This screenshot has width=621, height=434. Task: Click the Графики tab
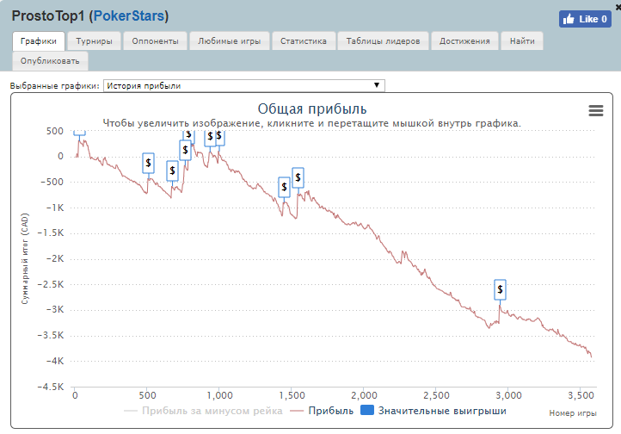coord(39,40)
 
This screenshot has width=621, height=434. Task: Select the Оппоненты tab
coord(157,40)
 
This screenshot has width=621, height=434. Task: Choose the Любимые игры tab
coord(229,40)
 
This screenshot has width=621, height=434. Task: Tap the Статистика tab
coord(304,40)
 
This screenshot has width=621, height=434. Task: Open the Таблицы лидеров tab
coord(383,40)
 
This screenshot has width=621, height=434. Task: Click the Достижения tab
coord(464,40)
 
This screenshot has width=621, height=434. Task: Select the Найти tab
coord(521,40)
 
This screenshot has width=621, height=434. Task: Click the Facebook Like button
coord(585,19)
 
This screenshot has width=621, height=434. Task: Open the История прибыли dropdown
coord(243,85)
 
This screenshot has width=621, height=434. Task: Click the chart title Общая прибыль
coord(312,108)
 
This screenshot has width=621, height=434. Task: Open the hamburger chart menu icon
coord(596,110)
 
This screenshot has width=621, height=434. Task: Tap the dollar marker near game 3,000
coord(501,288)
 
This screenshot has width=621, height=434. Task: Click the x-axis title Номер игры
coord(573,413)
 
